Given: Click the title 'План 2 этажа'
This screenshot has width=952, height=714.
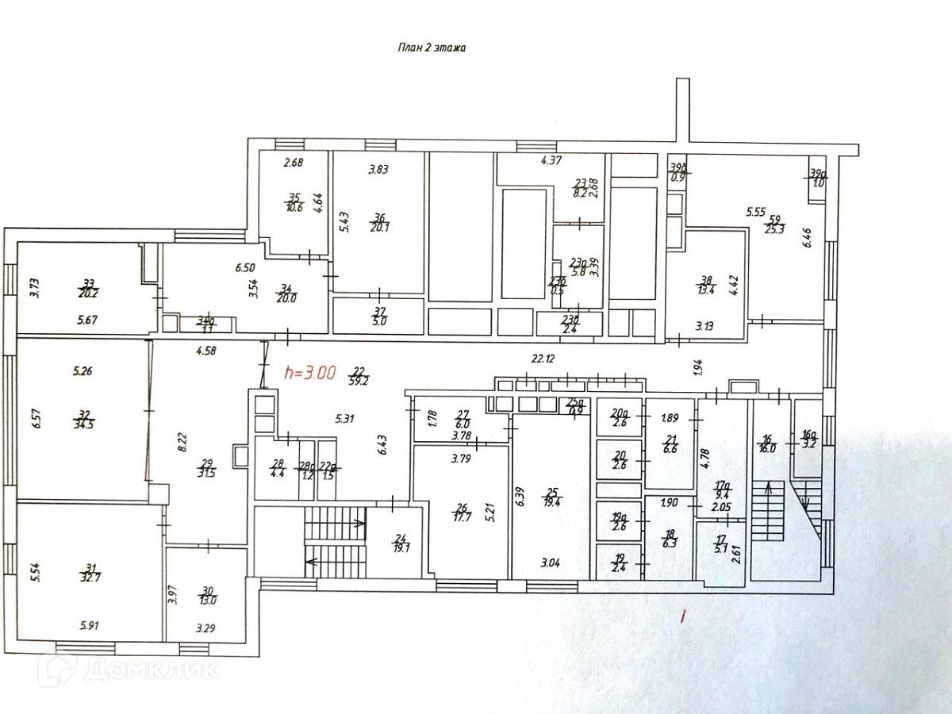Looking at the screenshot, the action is (431, 48).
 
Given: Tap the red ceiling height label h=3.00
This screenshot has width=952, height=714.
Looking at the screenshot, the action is (310, 372).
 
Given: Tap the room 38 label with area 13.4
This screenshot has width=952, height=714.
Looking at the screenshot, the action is (706, 286).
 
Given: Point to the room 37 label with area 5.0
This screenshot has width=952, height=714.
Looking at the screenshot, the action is (379, 316).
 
